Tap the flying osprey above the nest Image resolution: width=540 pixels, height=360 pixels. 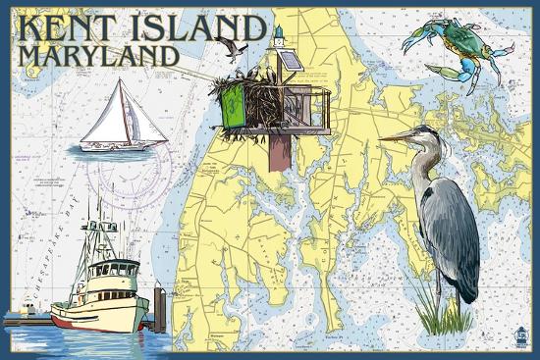(232, 46)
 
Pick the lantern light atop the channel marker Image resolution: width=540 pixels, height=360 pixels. (280, 36)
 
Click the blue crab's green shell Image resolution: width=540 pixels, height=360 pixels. (458, 42)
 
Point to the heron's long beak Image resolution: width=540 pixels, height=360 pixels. (398, 136)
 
